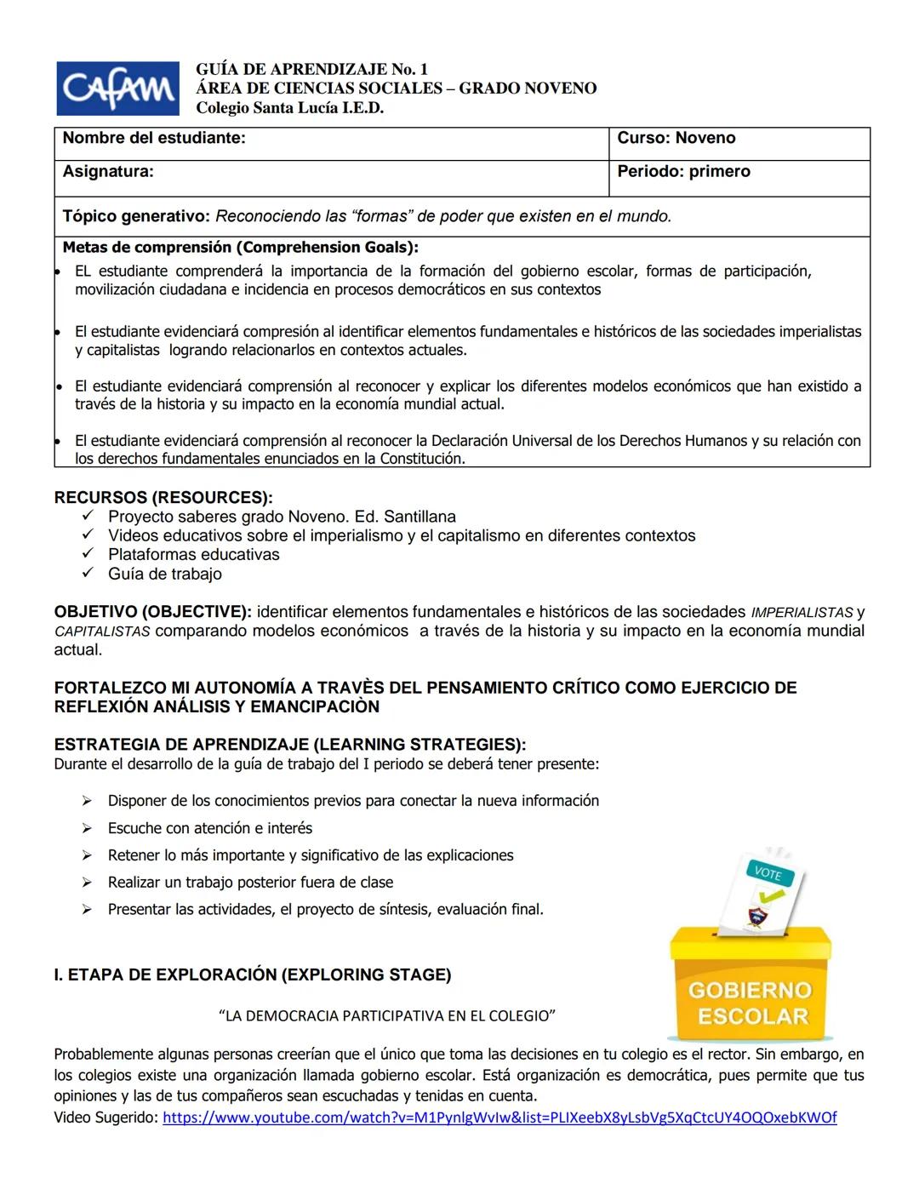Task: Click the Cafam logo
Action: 117,89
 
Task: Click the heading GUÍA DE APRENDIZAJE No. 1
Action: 311,69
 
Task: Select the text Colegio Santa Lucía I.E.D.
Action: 289,108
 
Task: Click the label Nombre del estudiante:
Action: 154,139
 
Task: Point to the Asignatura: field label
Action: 108,172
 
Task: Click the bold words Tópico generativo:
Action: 135,216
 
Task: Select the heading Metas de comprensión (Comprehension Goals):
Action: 240,248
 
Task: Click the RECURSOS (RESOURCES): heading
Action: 163,498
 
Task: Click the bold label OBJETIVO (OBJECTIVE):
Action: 152,612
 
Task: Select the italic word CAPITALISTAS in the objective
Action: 102,632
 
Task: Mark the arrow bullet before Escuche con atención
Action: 87,828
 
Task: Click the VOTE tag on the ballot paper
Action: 768,873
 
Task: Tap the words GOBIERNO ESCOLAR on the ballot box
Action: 750,1003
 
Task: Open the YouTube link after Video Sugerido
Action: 499,1118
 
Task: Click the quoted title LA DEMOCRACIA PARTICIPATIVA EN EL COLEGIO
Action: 387,1016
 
